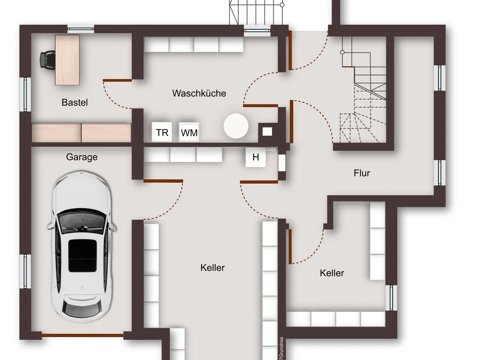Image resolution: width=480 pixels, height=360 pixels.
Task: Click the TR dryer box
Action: point(162,132)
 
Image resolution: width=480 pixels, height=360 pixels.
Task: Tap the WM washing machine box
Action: point(189,132)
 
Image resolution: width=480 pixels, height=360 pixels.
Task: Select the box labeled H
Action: point(256,158)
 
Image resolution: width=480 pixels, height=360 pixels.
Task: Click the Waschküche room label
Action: point(199,93)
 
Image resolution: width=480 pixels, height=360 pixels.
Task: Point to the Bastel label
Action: point(75,102)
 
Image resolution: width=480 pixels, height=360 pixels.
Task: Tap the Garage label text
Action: point(82,157)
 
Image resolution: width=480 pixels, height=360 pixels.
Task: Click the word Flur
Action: point(362,173)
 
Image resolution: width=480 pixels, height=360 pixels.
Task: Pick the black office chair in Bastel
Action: point(46,59)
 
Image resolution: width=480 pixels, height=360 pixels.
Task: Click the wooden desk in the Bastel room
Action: point(67,60)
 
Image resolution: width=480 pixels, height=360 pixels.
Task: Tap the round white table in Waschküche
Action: point(236,126)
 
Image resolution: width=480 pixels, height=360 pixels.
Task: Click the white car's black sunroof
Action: point(82,256)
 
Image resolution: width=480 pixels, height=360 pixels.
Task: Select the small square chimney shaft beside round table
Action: point(267,131)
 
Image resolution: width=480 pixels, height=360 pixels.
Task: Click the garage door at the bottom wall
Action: point(83,335)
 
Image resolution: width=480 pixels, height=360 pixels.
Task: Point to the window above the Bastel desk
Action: point(80,28)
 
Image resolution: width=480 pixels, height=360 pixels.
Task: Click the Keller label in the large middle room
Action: point(212,268)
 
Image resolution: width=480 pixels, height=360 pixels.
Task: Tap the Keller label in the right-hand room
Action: point(332,273)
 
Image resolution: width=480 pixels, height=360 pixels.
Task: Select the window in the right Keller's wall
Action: point(392,298)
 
